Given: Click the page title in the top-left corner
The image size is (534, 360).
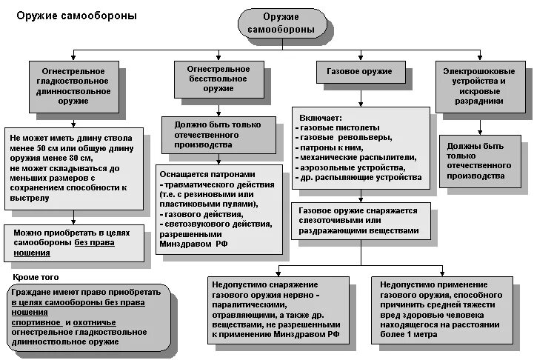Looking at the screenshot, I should pyautogui.click(x=71, y=15).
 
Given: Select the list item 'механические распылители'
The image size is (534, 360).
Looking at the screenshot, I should pyautogui.click(x=356, y=158).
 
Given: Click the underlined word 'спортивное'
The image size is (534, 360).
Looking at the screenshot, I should pyautogui.click(x=34, y=323).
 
